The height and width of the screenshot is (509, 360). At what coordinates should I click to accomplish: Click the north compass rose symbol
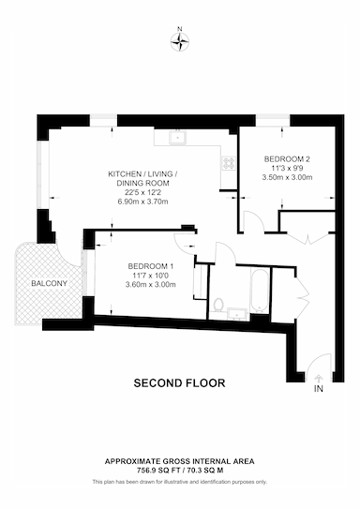click(180, 41)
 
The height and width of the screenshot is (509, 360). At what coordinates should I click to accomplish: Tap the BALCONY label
click(50, 283)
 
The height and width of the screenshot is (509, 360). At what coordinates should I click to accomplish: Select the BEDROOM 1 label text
click(151, 266)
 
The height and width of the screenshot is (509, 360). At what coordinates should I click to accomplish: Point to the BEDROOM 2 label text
click(287, 159)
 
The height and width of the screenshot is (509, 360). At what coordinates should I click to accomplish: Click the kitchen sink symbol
click(177, 137)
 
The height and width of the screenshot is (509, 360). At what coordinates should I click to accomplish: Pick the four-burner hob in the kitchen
click(229, 162)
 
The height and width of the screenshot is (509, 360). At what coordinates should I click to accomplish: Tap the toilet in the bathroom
click(218, 305)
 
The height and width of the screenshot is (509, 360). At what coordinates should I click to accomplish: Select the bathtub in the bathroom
click(260, 290)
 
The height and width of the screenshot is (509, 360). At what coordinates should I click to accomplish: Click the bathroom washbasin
click(237, 314)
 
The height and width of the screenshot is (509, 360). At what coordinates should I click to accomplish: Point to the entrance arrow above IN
click(319, 379)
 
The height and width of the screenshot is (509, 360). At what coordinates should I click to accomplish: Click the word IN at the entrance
click(319, 389)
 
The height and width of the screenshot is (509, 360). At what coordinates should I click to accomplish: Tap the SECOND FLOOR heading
click(179, 383)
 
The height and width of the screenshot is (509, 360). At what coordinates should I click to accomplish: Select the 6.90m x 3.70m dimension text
click(142, 202)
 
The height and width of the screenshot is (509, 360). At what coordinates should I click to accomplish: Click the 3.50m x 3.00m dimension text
click(287, 177)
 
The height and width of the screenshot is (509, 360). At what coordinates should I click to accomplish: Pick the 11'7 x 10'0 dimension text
click(151, 276)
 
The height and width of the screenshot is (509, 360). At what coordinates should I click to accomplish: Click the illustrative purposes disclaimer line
click(180, 482)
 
